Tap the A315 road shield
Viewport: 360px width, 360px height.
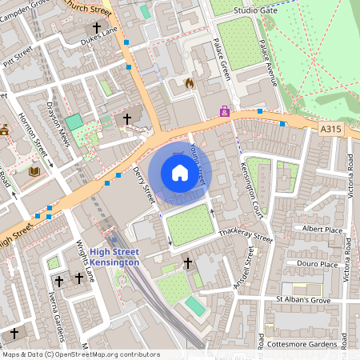pos(332,127)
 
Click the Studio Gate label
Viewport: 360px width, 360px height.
pos(254,10)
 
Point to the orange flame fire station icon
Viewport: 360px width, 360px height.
pos(190,82)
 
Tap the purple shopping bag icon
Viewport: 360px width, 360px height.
pos(226,112)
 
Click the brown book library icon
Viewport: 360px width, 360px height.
pos(34,172)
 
